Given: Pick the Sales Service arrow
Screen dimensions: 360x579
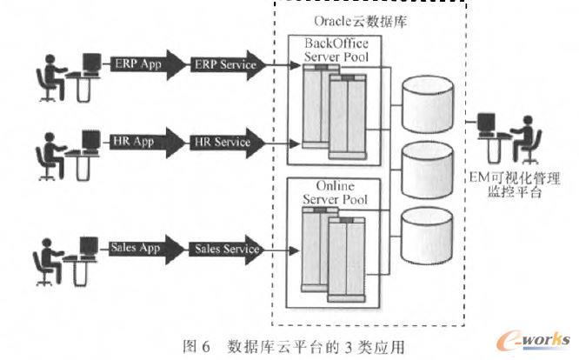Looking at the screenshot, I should (x=226, y=249).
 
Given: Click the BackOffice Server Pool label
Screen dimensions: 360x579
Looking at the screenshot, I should (x=335, y=50).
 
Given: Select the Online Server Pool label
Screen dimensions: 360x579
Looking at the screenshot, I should (x=335, y=195).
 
